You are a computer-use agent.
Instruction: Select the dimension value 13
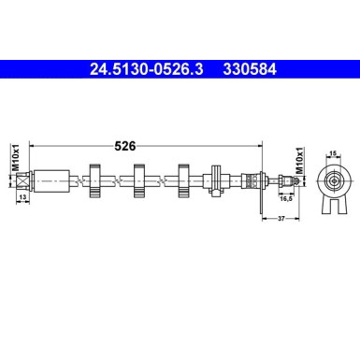[x=22, y=199]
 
